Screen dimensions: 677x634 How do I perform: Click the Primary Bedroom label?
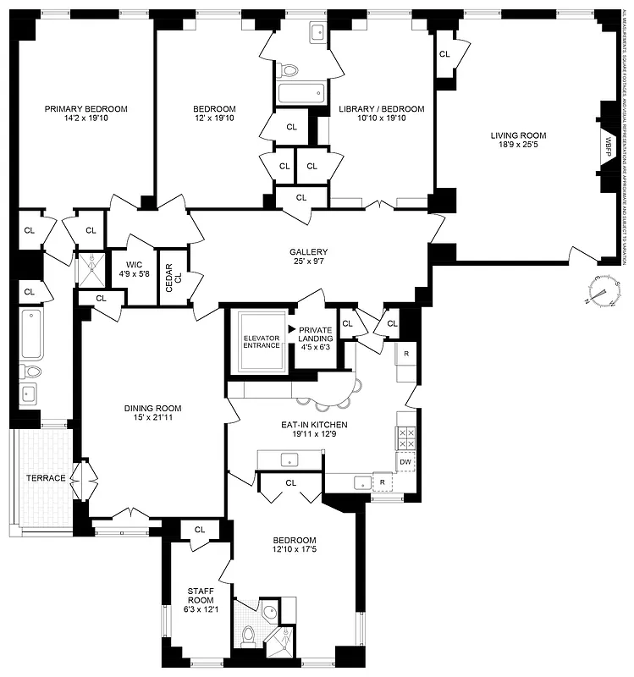[x=85, y=108]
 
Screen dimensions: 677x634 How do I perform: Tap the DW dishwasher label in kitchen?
[x=405, y=461]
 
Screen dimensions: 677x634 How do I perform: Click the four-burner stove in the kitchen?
[x=405, y=437]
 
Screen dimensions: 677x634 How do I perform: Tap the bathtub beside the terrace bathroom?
[x=30, y=334]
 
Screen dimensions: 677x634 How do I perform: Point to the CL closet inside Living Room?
[x=444, y=54]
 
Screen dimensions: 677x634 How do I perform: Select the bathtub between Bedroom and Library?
[x=300, y=93]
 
